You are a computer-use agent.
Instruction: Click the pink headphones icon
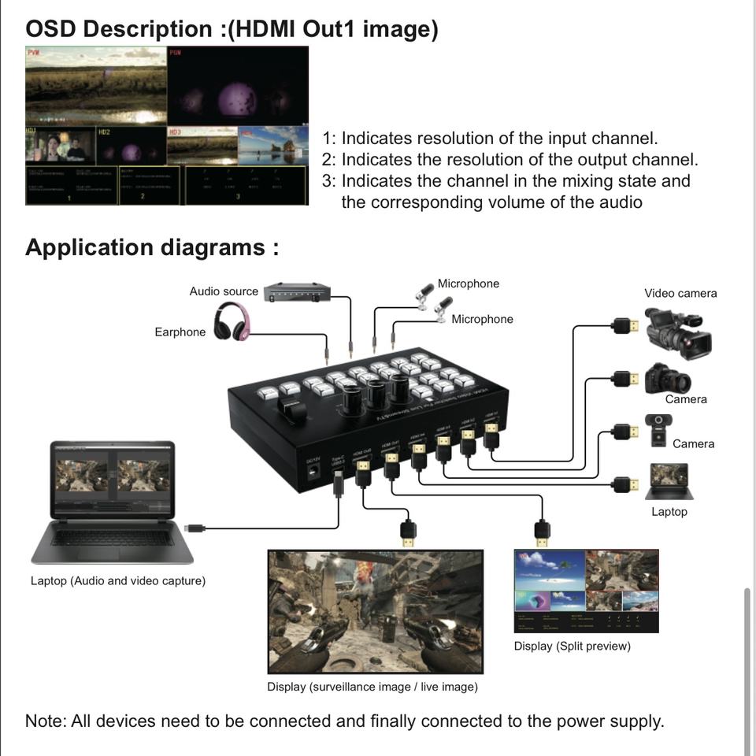click(232, 323)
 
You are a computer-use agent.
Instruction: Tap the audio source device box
click(297, 292)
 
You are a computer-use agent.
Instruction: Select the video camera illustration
click(678, 332)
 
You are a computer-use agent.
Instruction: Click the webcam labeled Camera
click(658, 429)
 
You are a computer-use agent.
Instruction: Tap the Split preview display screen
click(586, 591)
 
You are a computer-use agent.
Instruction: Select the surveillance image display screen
click(375, 611)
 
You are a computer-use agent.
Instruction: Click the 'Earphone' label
click(180, 332)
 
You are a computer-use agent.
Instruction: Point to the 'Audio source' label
click(224, 291)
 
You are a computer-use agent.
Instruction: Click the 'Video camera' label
click(680, 293)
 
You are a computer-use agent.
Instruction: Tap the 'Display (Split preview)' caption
click(572, 647)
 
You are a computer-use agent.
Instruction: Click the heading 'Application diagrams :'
click(152, 247)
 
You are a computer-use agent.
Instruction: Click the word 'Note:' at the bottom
click(46, 721)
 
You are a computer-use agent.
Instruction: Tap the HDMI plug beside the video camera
click(625, 325)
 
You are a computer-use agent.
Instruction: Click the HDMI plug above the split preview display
click(542, 532)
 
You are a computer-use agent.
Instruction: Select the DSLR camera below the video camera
click(666, 379)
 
